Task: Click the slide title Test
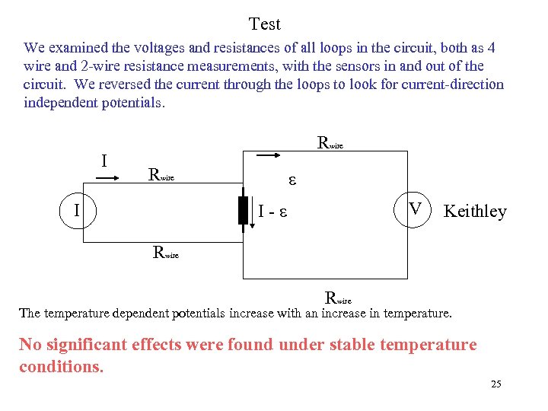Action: [x=265, y=24]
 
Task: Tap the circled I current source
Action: [x=82, y=208]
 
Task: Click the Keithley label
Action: [x=474, y=212]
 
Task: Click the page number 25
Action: [x=496, y=384]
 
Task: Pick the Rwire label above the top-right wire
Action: [x=331, y=142]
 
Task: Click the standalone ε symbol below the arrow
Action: [x=291, y=181]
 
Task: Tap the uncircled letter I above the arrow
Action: [x=104, y=161]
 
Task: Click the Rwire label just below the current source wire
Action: [x=166, y=253]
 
